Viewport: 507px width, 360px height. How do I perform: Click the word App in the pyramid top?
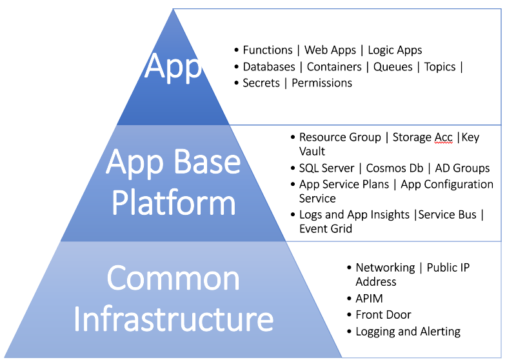click(173, 66)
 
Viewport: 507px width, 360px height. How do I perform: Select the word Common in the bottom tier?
click(173, 279)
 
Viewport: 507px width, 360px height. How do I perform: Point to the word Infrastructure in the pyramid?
click(173, 319)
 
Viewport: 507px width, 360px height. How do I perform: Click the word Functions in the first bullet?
click(268, 50)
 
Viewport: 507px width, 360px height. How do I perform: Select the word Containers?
click(333, 66)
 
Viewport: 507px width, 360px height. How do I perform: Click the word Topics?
click(440, 66)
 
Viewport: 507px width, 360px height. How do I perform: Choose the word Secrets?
click(261, 83)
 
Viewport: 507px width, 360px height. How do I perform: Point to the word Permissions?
click(322, 83)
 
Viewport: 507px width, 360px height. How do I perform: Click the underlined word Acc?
click(442, 137)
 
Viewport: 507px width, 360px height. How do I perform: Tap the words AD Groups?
click(462, 168)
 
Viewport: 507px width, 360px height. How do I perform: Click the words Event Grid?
click(326, 228)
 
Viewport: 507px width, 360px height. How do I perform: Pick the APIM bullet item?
click(369, 298)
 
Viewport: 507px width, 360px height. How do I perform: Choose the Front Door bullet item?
click(383, 315)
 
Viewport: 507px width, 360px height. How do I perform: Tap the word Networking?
click(385, 268)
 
